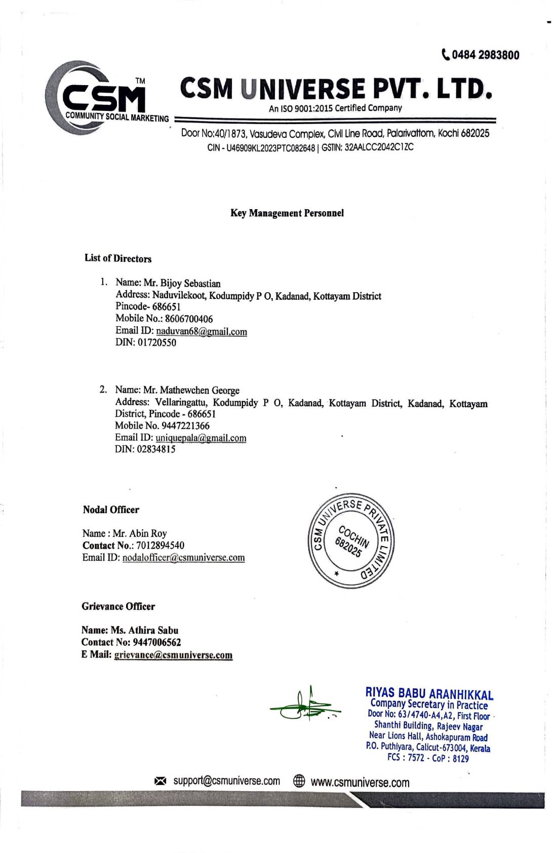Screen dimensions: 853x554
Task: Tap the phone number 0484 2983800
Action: [485, 55]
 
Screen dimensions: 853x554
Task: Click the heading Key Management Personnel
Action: [287, 213]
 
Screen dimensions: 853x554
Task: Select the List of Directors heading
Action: [118, 259]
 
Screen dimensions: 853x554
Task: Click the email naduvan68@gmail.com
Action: [202, 332]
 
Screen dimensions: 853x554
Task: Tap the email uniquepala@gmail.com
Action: [201, 438]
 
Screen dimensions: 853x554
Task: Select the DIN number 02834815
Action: [156, 449]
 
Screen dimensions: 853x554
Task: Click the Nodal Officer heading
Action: [111, 510]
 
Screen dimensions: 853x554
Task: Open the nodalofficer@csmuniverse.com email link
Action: [183, 558]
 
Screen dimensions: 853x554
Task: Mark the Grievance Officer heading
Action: [118, 607]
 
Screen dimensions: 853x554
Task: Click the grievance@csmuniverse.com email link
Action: [173, 655]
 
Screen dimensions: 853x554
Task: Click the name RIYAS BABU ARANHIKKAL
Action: [429, 694]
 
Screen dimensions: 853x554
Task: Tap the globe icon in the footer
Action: [299, 782]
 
